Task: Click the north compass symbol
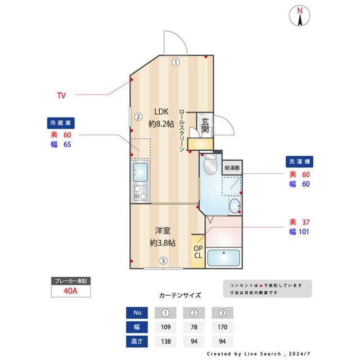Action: pos(300,16)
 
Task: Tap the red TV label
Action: pos(61,96)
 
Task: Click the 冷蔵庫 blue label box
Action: pos(61,122)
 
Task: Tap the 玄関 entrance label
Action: pos(205,125)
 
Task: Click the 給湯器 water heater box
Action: pos(232,168)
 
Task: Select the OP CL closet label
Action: pos(198,251)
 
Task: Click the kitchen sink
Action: pos(139,170)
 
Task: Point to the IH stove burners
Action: pos(139,193)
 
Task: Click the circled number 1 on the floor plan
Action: pos(176,62)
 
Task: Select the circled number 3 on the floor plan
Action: pos(163,260)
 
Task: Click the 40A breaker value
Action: pos(70,291)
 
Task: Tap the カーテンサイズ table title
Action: pos(179,295)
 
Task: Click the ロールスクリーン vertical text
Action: pos(182,129)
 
